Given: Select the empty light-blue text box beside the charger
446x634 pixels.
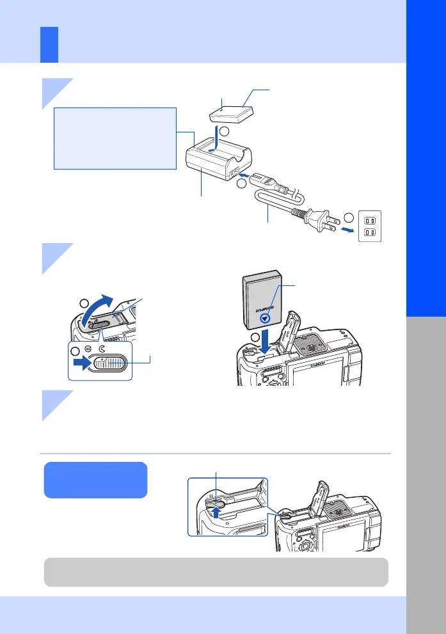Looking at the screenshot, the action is pos(115,138).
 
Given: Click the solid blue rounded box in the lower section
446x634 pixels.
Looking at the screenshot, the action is pos(95,480).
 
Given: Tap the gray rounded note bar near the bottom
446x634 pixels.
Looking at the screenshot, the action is pos(216,572).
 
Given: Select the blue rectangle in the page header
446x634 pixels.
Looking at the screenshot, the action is pos(49,45).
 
